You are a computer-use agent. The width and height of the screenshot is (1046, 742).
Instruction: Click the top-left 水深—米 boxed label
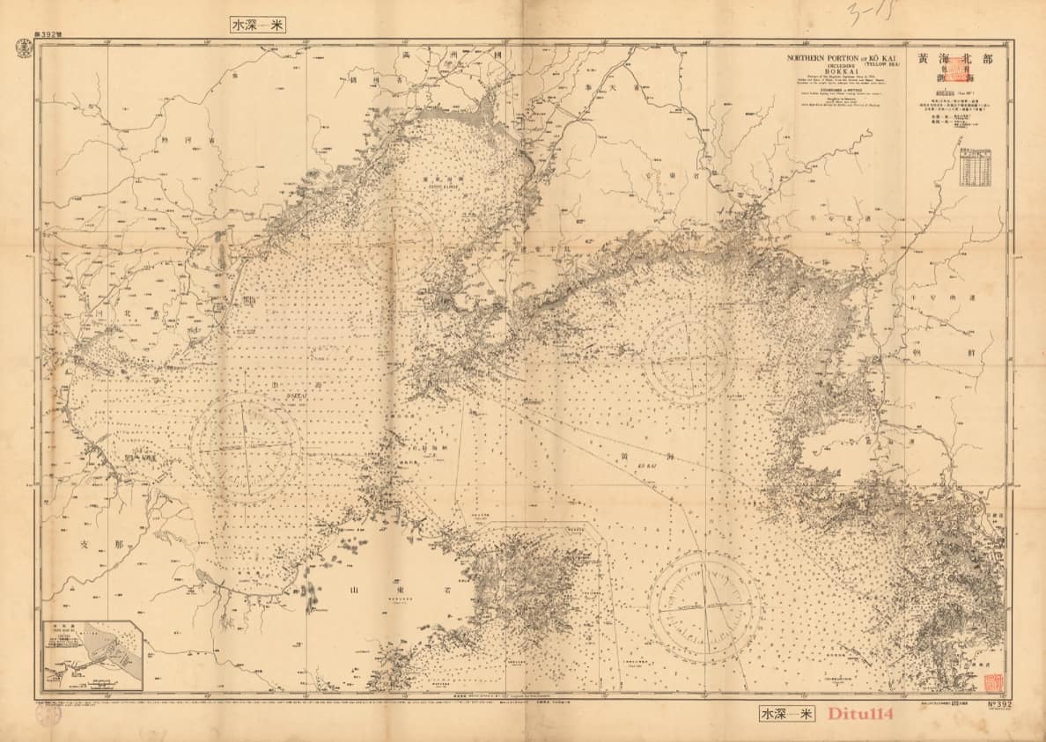tap(256, 26)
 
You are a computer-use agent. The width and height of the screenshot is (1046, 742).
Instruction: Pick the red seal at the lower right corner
tap(993, 683)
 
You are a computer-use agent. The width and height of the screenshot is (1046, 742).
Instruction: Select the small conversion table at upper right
tap(976, 167)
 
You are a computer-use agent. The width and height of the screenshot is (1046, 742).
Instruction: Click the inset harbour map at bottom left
tap(93, 657)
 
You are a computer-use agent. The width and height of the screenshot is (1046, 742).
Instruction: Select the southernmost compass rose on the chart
tap(705, 606)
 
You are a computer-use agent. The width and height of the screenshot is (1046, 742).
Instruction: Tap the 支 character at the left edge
tap(85, 544)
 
